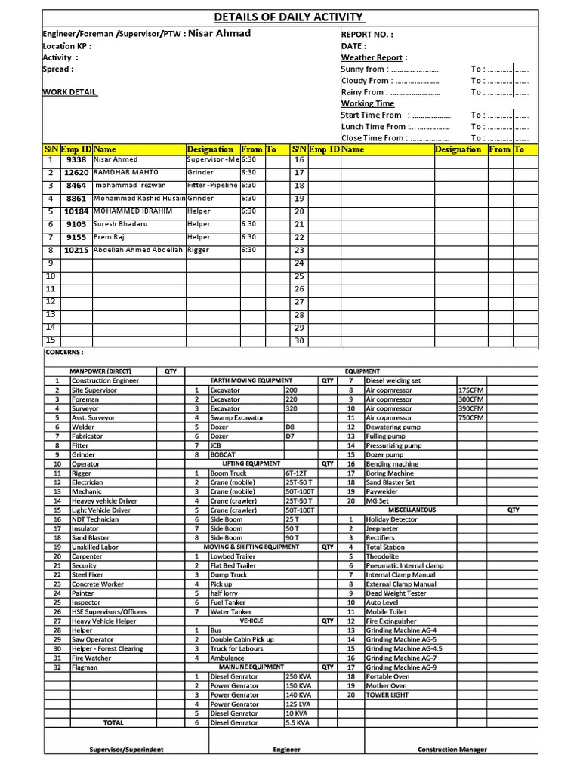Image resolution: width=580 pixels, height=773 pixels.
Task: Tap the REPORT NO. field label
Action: (367, 35)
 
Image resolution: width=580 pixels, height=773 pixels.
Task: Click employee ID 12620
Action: (76, 173)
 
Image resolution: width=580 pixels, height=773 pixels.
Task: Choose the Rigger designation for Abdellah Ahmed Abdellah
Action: (198, 250)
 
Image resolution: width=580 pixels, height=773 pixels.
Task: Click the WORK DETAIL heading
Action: (69, 92)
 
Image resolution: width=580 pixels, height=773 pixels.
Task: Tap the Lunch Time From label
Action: (373, 127)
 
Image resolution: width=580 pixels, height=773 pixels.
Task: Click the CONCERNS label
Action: (65, 353)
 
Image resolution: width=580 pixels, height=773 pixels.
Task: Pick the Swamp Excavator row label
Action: (236, 417)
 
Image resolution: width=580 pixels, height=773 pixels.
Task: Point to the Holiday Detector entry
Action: (391, 519)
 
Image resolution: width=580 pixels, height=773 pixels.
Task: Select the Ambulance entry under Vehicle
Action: (227, 658)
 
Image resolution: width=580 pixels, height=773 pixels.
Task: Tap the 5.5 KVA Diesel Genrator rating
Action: (298, 722)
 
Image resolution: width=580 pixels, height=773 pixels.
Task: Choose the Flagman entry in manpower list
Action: (85, 667)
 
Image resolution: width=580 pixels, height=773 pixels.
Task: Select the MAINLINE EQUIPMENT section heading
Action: (251, 667)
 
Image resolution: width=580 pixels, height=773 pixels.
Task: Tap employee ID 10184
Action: (76, 211)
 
